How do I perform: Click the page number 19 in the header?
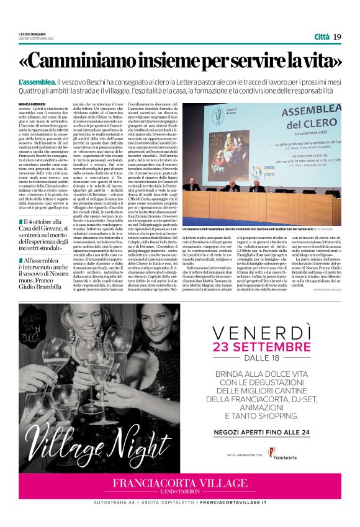[337, 37]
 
